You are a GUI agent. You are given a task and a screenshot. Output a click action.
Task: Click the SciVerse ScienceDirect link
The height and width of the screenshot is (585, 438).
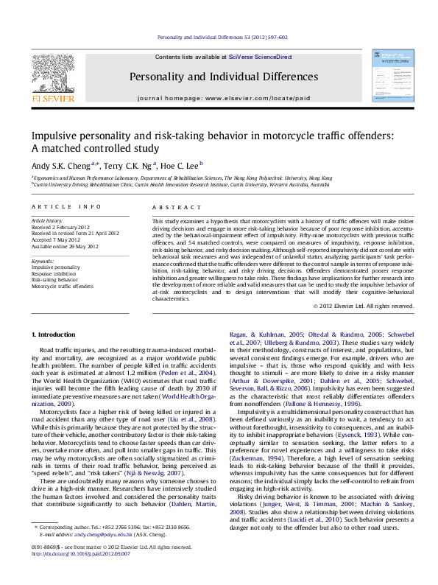[260, 57]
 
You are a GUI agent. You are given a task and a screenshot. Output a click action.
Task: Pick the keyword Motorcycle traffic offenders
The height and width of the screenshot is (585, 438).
[62, 285]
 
